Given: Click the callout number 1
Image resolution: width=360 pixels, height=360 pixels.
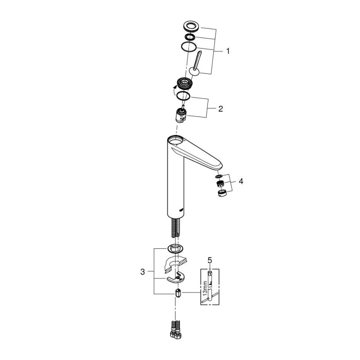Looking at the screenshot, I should [x=228, y=52].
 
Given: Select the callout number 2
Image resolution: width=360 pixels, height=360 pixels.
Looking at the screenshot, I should [x=220, y=108].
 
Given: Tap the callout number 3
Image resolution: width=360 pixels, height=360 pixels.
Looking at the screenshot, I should [x=143, y=272].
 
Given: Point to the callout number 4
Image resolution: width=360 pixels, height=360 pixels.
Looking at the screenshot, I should [x=241, y=181].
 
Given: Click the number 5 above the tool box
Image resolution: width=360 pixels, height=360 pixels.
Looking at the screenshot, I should [x=209, y=261].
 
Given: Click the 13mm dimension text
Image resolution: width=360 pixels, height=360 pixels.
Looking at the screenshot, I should [x=204, y=287].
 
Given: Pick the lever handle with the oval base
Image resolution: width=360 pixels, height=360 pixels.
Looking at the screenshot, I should [x=196, y=63].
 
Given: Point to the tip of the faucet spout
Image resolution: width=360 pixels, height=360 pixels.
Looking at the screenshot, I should [x=220, y=166].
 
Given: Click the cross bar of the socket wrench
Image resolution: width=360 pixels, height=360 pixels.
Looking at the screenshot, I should [x=209, y=294].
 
